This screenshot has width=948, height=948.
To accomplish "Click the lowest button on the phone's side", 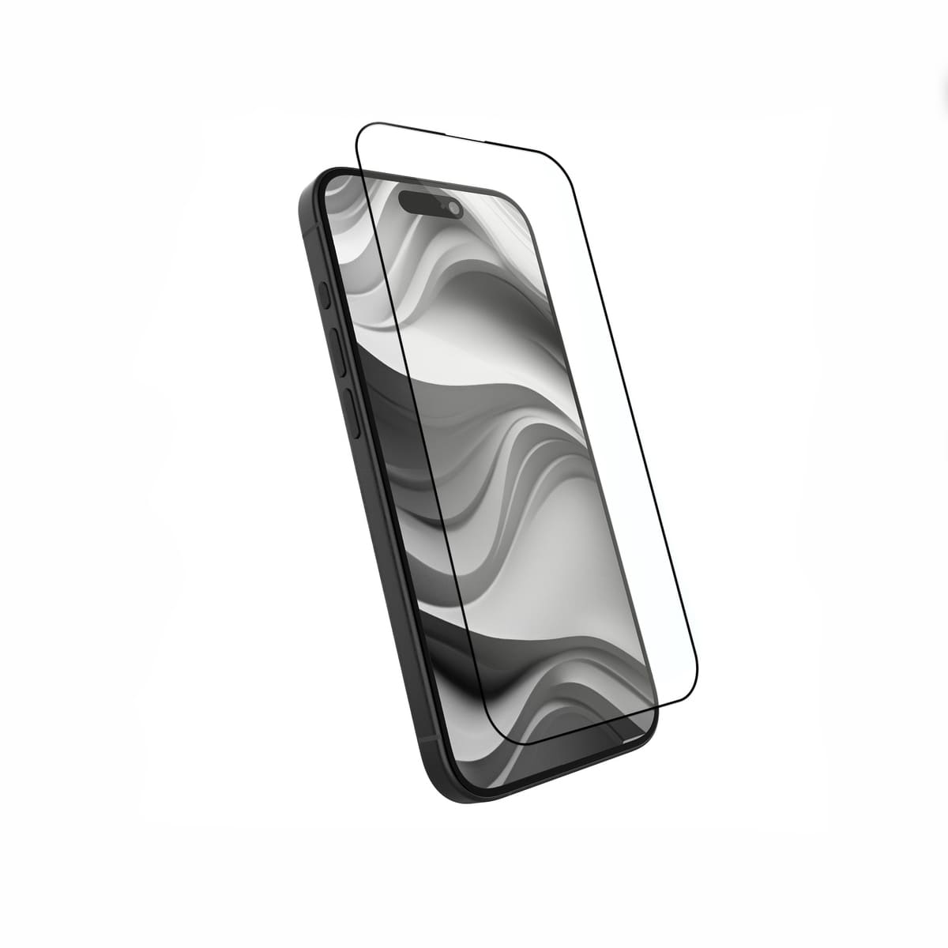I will (353, 416).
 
